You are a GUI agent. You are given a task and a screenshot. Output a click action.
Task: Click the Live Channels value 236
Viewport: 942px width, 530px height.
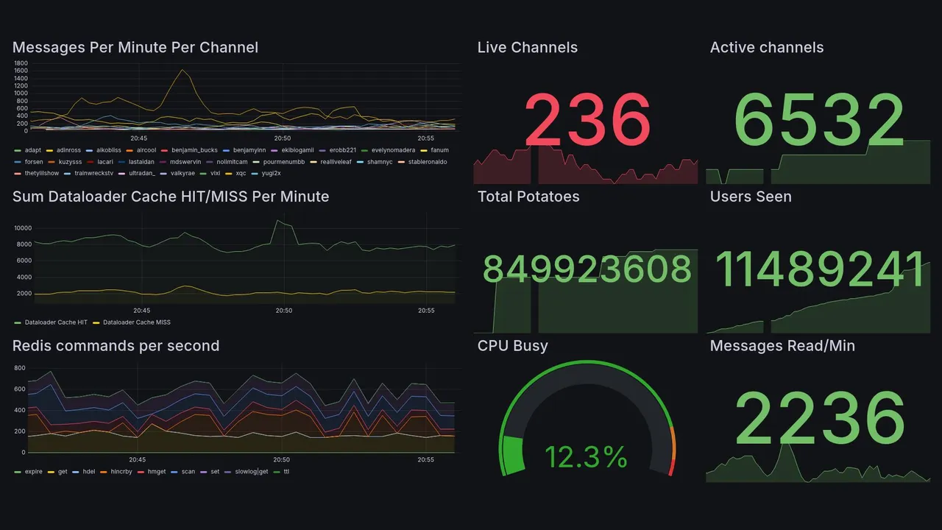(587, 119)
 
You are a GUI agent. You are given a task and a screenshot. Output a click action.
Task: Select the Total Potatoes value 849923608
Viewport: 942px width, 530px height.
(587, 269)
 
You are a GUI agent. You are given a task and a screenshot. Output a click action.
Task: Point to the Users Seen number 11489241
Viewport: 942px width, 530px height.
(819, 269)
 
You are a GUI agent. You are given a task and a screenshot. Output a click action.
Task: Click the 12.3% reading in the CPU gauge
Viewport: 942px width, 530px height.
(586, 458)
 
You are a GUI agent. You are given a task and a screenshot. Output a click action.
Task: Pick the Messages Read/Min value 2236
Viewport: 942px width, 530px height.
(819, 418)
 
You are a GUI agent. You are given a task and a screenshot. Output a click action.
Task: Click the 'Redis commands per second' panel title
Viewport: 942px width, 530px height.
(116, 346)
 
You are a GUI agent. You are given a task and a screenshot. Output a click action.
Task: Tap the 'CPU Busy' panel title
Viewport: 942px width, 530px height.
(512, 346)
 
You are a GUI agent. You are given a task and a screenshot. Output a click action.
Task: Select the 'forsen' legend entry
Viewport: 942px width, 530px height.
(33, 162)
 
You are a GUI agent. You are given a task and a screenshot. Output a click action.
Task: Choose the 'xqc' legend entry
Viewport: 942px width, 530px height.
(241, 174)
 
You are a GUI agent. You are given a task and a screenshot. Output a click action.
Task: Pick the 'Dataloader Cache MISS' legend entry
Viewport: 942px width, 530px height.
(136, 322)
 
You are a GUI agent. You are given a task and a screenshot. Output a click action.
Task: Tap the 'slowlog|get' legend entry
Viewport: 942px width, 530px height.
(251, 472)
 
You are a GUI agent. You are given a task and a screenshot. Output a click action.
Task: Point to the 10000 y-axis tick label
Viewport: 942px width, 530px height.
(23, 227)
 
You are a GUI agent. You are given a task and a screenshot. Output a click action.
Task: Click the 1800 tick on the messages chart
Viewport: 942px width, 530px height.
(21, 63)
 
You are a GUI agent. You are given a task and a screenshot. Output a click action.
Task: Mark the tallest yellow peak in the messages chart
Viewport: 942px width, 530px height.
(182, 70)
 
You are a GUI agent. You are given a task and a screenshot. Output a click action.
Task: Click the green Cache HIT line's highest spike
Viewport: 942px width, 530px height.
(277, 220)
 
